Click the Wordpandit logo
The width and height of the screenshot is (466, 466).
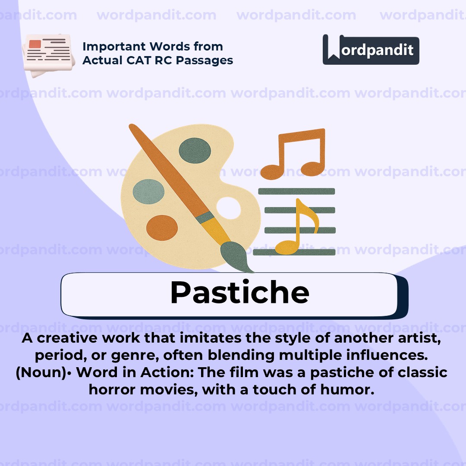(x=371, y=50)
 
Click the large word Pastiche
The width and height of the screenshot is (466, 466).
(x=239, y=293)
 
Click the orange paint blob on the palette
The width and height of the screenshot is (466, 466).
(x=162, y=227)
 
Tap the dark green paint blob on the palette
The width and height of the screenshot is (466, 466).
(x=195, y=150)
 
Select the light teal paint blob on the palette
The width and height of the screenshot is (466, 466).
(x=149, y=192)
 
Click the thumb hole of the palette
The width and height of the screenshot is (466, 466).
(x=228, y=208)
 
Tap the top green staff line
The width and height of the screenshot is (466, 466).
(x=296, y=191)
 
